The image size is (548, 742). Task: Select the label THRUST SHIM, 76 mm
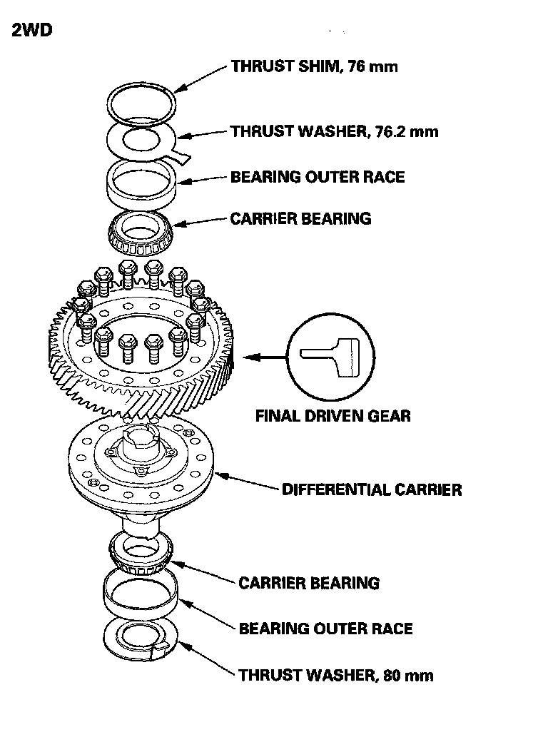314,67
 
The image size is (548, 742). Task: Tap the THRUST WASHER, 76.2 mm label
334,131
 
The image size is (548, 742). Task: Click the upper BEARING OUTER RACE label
317,177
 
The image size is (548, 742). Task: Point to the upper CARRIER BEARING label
300,218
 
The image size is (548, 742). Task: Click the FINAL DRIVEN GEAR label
333,415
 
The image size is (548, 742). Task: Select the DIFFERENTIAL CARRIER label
371,489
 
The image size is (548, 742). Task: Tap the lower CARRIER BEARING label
309,583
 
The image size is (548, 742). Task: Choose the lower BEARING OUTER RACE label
325,629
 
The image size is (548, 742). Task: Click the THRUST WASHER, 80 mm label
335,675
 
